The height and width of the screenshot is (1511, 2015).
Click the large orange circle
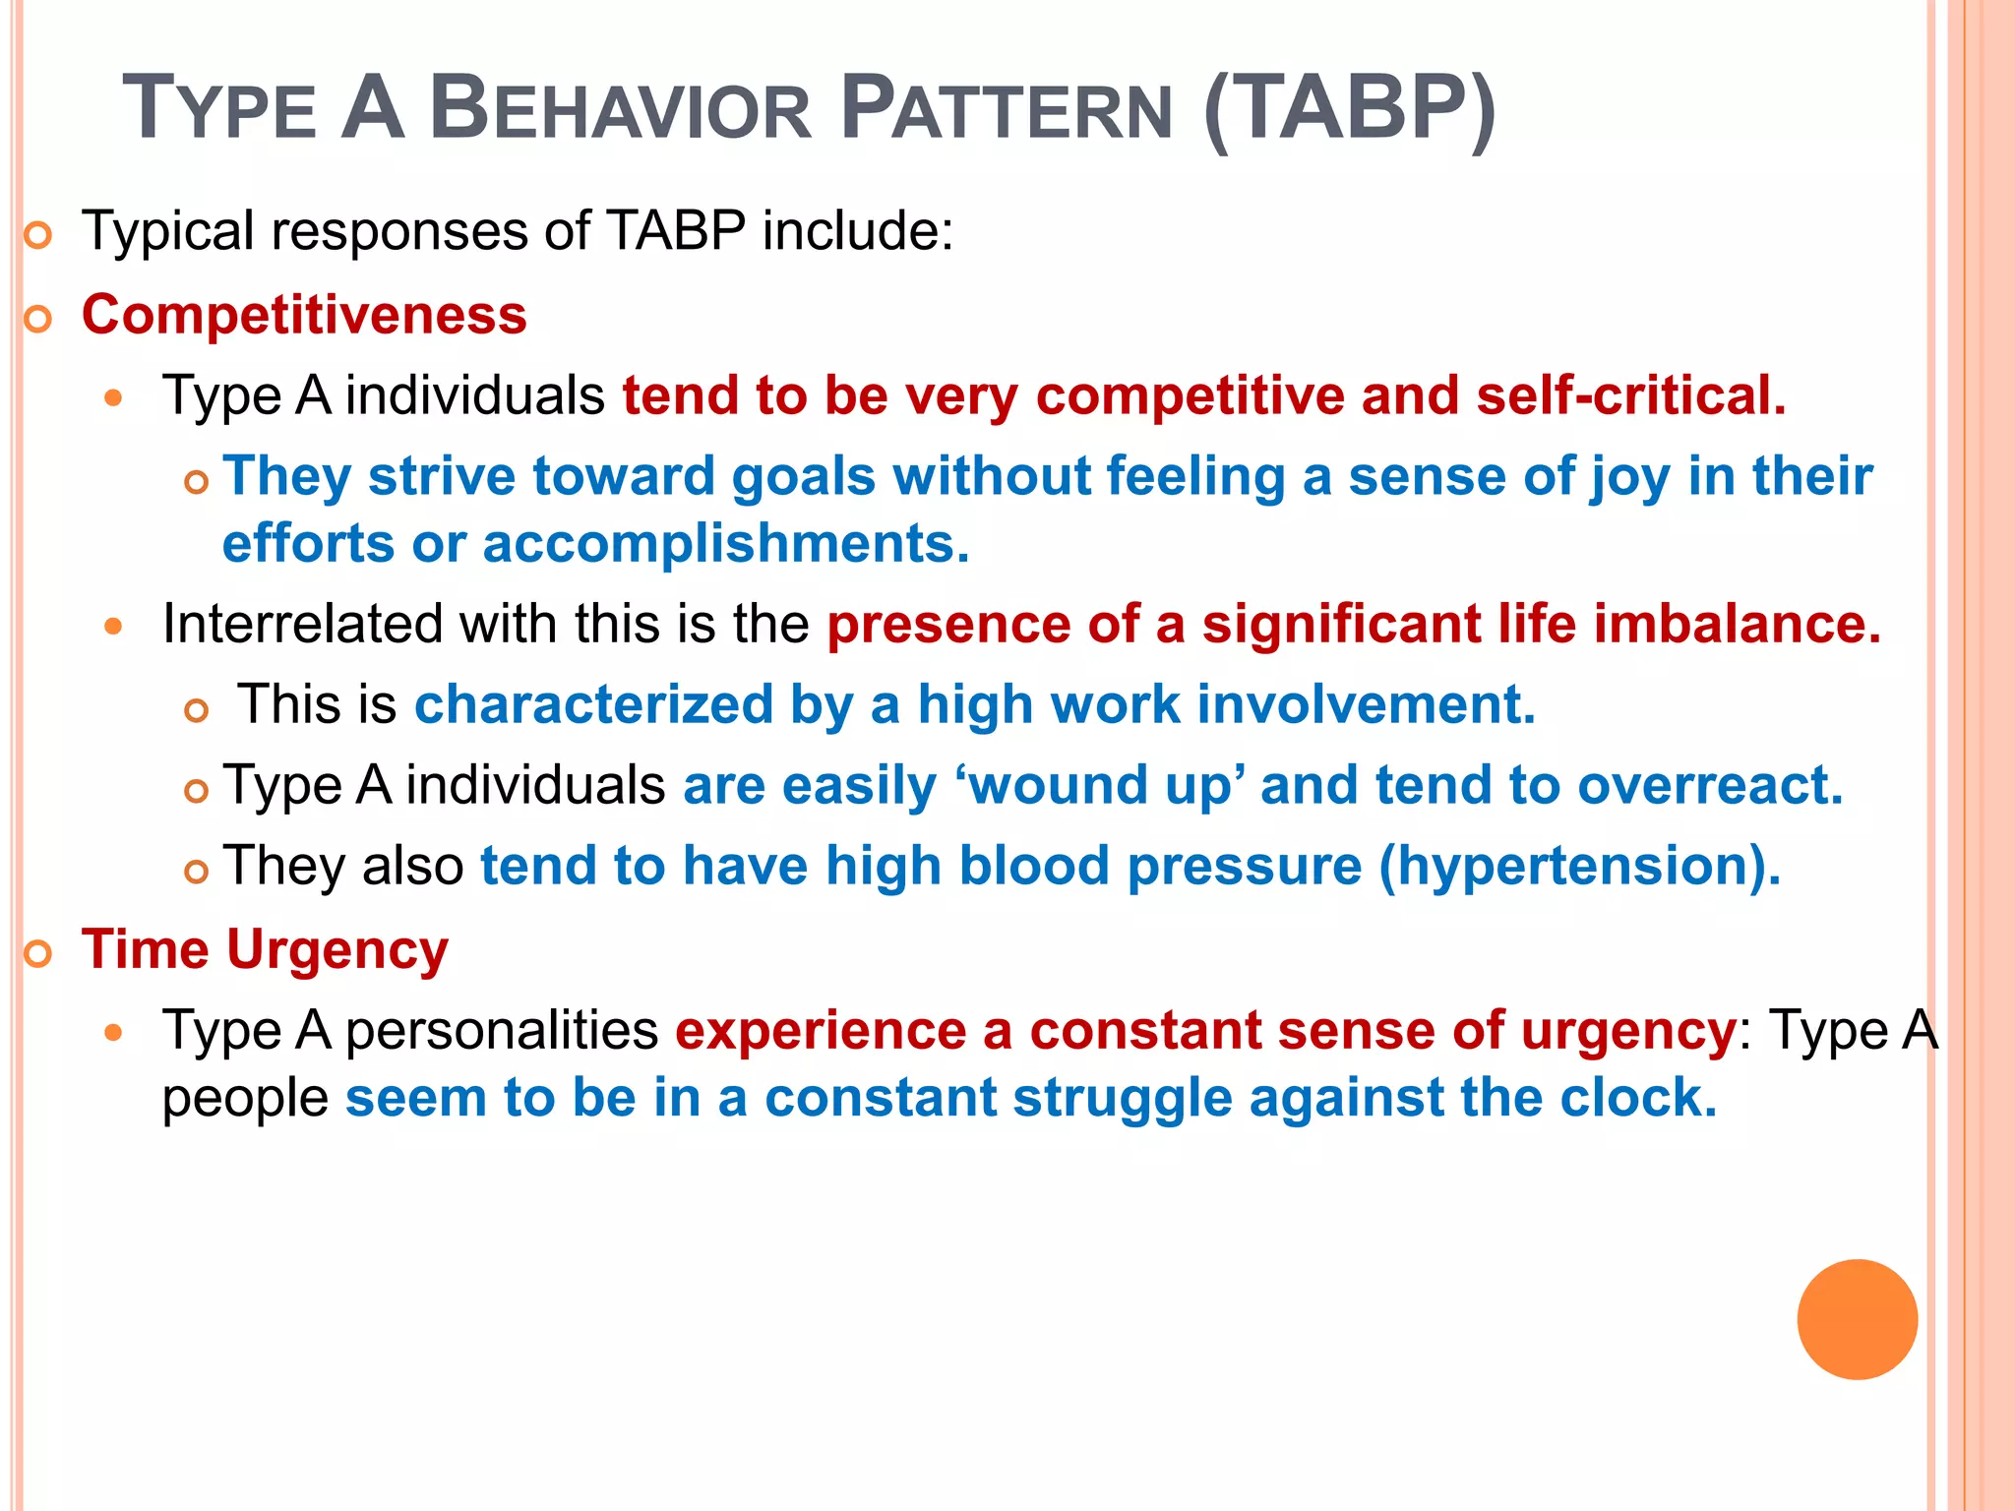(x=1857, y=1319)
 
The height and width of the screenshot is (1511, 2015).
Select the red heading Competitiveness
(x=304, y=315)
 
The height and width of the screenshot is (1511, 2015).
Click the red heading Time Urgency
(x=265, y=950)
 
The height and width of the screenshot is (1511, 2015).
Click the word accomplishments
(x=726, y=543)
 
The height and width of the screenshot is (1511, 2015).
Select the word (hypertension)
(x=1579, y=866)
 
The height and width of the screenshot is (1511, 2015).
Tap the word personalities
(x=502, y=1031)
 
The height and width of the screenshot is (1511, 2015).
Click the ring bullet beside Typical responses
(x=37, y=236)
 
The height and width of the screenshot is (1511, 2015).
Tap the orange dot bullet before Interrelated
(x=114, y=626)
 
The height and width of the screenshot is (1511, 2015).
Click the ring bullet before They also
(x=197, y=871)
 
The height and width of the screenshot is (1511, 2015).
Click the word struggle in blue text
(x=1122, y=1099)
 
